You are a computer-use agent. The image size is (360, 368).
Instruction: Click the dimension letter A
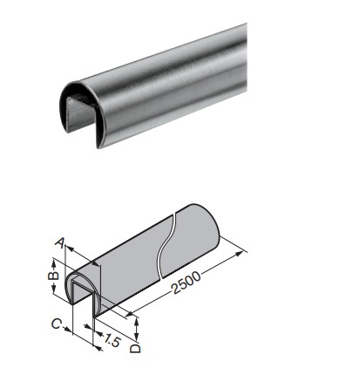click(x=59, y=243)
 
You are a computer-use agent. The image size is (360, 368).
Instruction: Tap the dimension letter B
click(x=53, y=276)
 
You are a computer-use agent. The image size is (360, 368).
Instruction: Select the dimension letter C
click(x=56, y=324)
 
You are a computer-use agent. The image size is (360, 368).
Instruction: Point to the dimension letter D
click(x=135, y=349)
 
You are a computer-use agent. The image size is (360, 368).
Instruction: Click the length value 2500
click(x=186, y=283)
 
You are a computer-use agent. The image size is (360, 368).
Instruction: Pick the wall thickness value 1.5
click(x=112, y=340)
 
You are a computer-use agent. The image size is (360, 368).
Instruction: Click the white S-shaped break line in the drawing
click(x=166, y=246)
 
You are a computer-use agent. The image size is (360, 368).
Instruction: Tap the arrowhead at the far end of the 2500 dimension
click(x=239, y=254)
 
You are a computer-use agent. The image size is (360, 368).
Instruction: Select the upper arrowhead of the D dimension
click(x=137, y=321)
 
